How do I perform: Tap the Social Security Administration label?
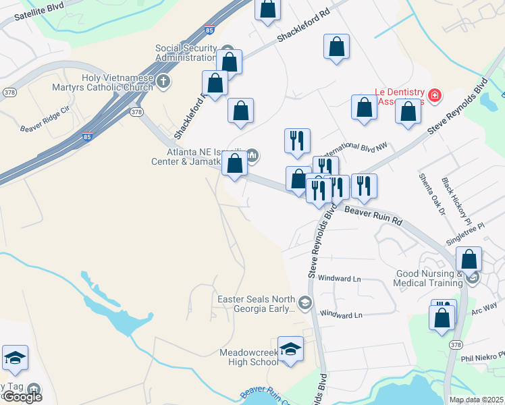[186, 53]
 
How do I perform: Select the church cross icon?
[163, 82]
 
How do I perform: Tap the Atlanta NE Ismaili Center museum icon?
[252, 157]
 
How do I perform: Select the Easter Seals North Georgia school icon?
[305, 302]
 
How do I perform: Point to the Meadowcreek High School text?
[248, 357]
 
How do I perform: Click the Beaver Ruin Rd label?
[373, 216]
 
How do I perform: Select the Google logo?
[22, 397]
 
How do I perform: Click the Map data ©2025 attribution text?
[476, 400]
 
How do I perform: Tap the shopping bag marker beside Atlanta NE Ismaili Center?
[234, 164]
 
